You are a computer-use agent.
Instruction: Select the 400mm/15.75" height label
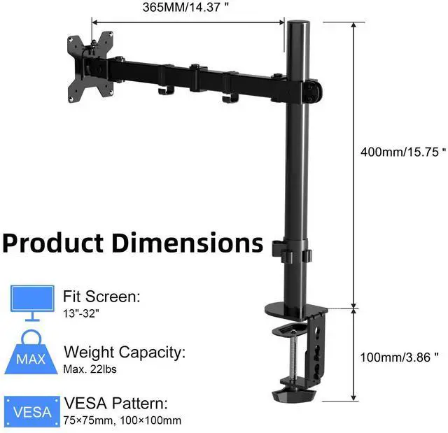click(402, 152)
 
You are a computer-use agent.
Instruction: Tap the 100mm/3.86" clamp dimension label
click(399, 357)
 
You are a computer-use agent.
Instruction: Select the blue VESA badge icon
click(32, 411)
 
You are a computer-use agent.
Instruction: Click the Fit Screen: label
click(101, 297)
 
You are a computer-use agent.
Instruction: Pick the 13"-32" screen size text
click(81, 313)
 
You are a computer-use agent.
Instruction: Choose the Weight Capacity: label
click(125, 351)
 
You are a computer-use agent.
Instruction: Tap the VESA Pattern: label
click(115, 404)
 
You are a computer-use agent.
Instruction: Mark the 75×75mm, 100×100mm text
click(122, 420)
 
